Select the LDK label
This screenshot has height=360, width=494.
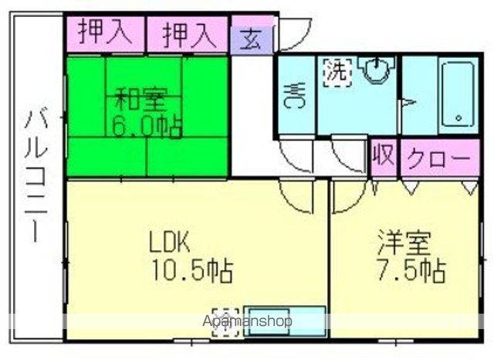pyautogui.click(x=169, y=243)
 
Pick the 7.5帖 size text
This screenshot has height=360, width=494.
pyautogui.click(x=408, y=270)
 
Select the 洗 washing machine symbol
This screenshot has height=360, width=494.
pyautogui.click(x=337, y=73)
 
